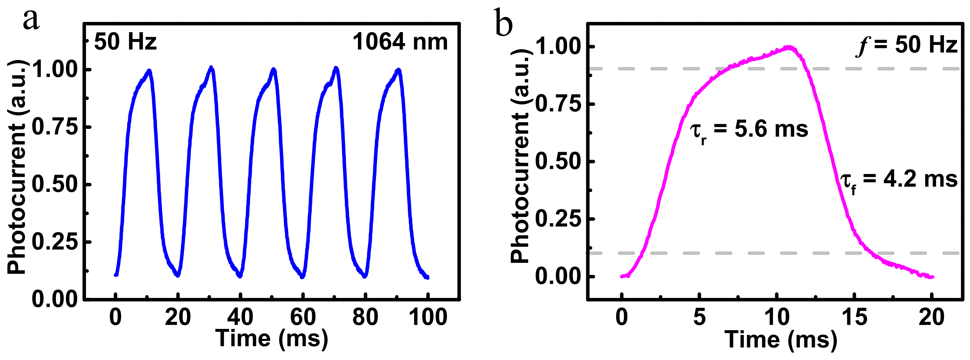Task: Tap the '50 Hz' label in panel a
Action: [x=125, y=42]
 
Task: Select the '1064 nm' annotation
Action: [x=400, y=42]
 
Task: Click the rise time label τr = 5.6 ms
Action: [x=749, y=130]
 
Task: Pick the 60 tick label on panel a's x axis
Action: [x=302, y=317]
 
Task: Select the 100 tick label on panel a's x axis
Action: [x=428, y=317]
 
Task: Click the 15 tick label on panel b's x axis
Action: [x=854, y=317]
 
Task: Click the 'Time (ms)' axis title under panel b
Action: [x=781, y=339]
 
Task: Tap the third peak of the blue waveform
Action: [x=274, y=70]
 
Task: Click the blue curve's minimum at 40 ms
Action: [x=240, y=276]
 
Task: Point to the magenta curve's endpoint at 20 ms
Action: [x=932, y=277]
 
